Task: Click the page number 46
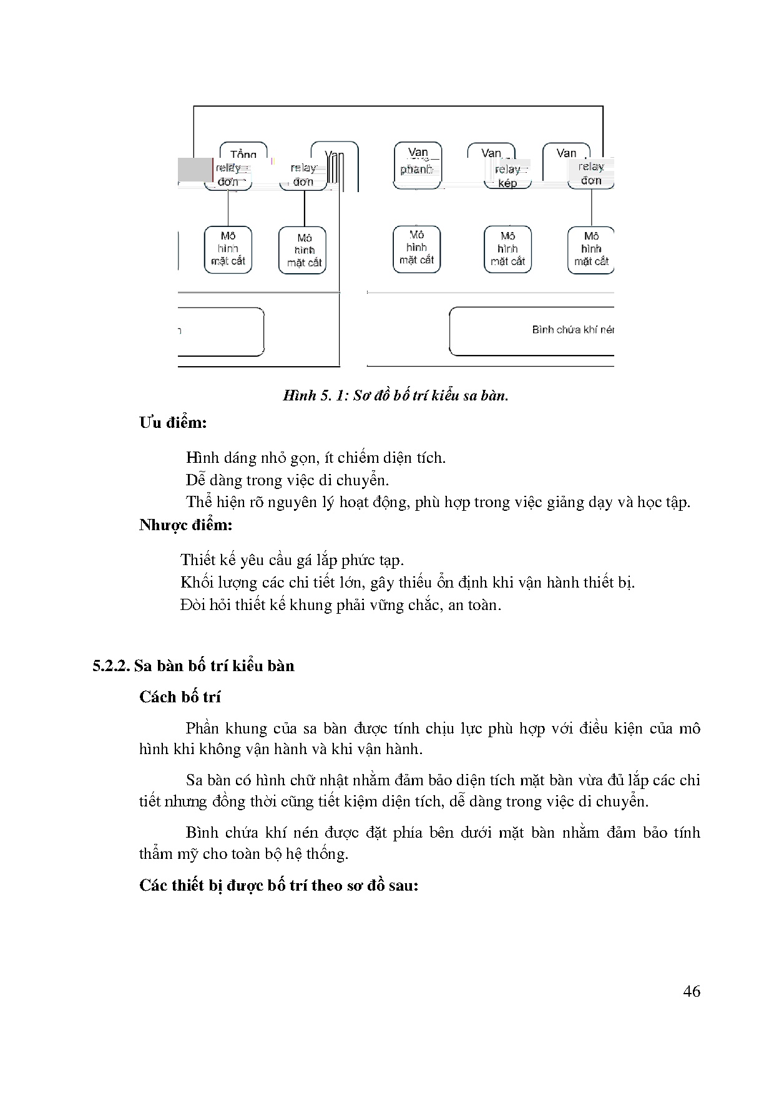coord(692,991)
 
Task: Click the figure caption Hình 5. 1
coord(395,395)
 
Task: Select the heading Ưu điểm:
coord(173,423)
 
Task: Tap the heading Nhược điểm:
coord(185,525)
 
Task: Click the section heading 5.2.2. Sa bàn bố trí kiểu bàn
coord(193,666)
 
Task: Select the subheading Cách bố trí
coord(180,697)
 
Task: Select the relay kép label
coord(508,176)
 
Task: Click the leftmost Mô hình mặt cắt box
coord(228,249)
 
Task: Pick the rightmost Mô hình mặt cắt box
coord(590,249)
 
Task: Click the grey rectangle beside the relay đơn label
coord(195,170)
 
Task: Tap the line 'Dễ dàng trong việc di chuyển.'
coord(287,480)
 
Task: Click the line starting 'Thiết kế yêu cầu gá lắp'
coord(292,560)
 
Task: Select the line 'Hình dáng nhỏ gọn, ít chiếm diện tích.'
coord(316,458)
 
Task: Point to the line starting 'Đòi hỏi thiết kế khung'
coord(341,605)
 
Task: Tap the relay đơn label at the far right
coord(590,173)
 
